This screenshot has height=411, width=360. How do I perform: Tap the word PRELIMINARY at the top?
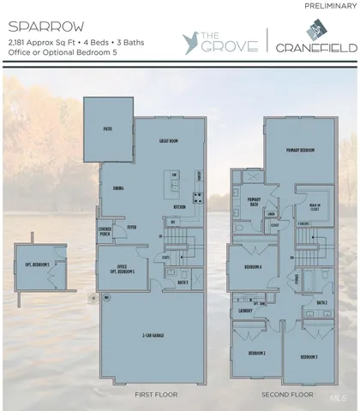point(329,7)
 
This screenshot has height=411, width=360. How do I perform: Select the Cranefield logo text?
point(315,47)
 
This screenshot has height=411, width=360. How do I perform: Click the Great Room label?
point(167,140)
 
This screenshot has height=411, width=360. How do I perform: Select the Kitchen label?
point(180,206)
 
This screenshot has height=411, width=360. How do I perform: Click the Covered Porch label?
point(105,230)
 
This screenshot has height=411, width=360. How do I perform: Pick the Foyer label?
point(133,228)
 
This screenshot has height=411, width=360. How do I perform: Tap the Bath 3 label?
point(183,282)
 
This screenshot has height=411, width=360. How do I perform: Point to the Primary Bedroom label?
point(301,149)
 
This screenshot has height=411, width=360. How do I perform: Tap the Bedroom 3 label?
point(309,355)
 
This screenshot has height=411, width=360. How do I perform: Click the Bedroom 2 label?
point(256,353)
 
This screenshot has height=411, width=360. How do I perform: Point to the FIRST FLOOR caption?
point(155,395)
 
